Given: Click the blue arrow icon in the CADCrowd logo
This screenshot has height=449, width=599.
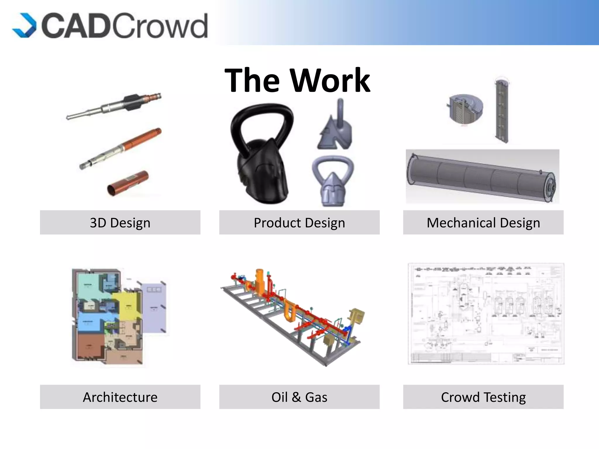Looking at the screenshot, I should coord(25,25).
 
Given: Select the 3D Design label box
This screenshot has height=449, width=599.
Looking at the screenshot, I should coord(120,222).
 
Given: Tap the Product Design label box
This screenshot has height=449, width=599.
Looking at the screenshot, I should coord(299,222).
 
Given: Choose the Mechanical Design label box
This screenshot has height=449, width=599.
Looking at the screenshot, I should coord(483,222).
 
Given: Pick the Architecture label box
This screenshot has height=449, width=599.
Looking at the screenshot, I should coord(120,397).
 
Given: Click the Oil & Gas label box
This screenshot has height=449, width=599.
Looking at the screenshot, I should coord(299,397).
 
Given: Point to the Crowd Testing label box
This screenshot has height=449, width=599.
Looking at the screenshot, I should coord(483,397).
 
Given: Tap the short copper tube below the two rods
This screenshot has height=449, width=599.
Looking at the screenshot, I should coord(128,183).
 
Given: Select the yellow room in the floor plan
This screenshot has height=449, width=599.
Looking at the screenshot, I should coord(128,305).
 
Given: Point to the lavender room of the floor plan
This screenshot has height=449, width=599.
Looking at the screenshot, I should coord(154,307).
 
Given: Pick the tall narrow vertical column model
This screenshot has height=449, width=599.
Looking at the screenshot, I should coord(501,111).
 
